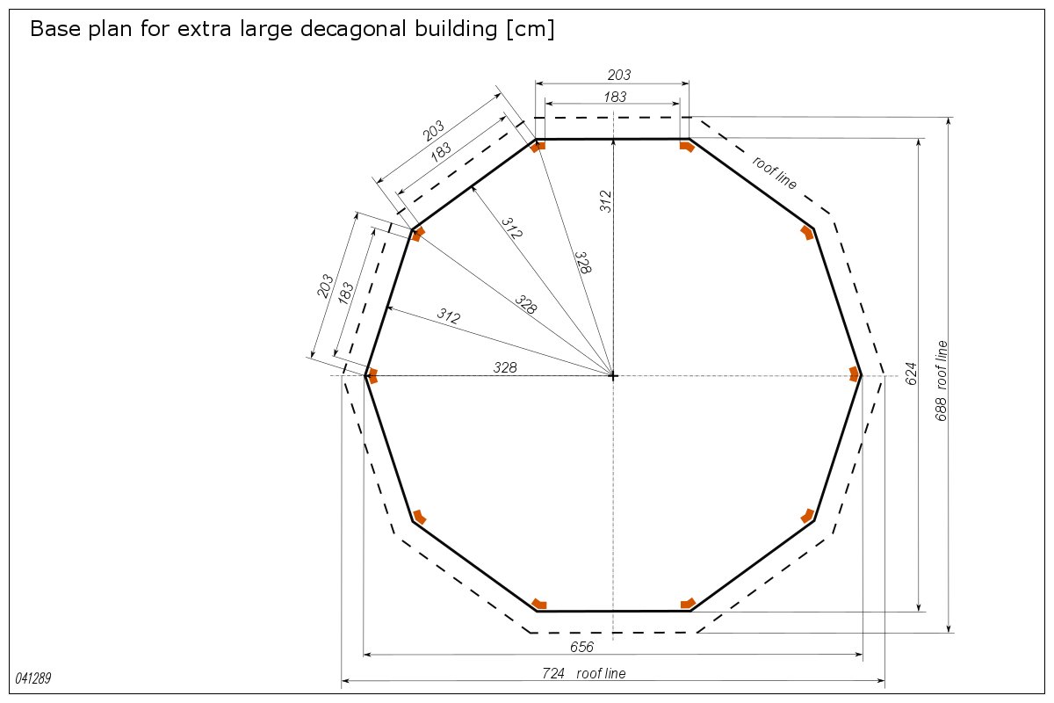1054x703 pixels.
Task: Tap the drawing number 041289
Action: click(33, 678)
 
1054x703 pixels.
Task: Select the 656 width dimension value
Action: click(581, 647)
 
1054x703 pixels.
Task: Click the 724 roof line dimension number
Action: click(552, 673)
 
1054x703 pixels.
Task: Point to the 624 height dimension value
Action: click(911, 373)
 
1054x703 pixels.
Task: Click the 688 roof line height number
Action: click(941, 409)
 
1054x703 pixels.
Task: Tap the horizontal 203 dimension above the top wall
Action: click(618, 75)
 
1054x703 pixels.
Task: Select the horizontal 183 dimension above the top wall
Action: click(615, 97)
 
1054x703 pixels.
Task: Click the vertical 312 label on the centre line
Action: click(605, 201)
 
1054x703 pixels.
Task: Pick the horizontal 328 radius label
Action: click(505, 367)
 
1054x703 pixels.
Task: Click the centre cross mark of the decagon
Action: click(613, 376)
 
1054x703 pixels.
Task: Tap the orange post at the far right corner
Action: click(855, 375)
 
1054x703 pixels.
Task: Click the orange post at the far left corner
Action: click(372, 376)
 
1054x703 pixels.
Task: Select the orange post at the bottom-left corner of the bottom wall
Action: click(539, 604)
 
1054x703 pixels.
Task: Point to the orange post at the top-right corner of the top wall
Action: click(687, 146)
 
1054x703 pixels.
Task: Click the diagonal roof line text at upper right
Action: click(775, 173)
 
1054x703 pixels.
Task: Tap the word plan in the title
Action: click(111, 29)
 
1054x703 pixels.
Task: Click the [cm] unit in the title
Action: click(531, 29)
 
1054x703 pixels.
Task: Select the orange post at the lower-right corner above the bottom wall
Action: click(808, 516)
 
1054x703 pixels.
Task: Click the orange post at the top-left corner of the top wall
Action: click(538, 147)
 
